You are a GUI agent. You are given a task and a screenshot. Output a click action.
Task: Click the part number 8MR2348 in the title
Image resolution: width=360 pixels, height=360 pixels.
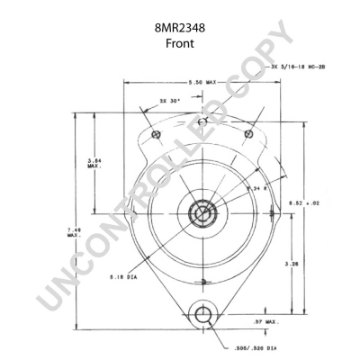(179, 28)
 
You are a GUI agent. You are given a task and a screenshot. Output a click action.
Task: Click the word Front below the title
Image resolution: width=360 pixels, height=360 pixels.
(179, 44)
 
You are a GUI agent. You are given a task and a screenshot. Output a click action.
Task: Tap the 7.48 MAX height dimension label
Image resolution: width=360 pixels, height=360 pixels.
(73, 232)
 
